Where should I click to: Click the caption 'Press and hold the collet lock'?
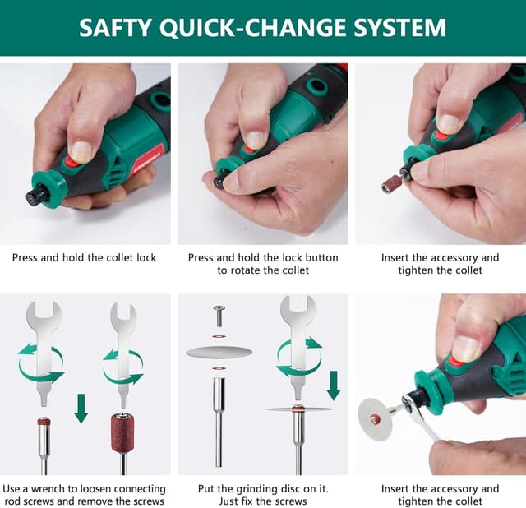pyautogui.click(x=84, y=257)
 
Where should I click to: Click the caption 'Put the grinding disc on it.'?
pyautogui.click(x=262, y=488)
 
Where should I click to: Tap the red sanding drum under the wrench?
pyautogui.click(x=122, y=433)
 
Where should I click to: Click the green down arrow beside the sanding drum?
pyautogui.click(x=81, y=408)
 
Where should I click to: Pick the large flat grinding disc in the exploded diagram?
pyautogui.click(x=219, y=353)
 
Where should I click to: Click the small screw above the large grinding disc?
pyautogui.click(x=219, y=314)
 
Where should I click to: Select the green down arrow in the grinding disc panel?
pyautogui.click(x=333, y=385)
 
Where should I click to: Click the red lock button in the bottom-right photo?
pyautogui.click(x=455, y=361)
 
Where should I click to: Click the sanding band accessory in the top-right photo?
pyautogui.click(x=391, y=183)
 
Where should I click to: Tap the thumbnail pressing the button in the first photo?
pyautogui.click(x=81, y=151)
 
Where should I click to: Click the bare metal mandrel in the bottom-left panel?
pyautogui.click(x=44, y=444)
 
